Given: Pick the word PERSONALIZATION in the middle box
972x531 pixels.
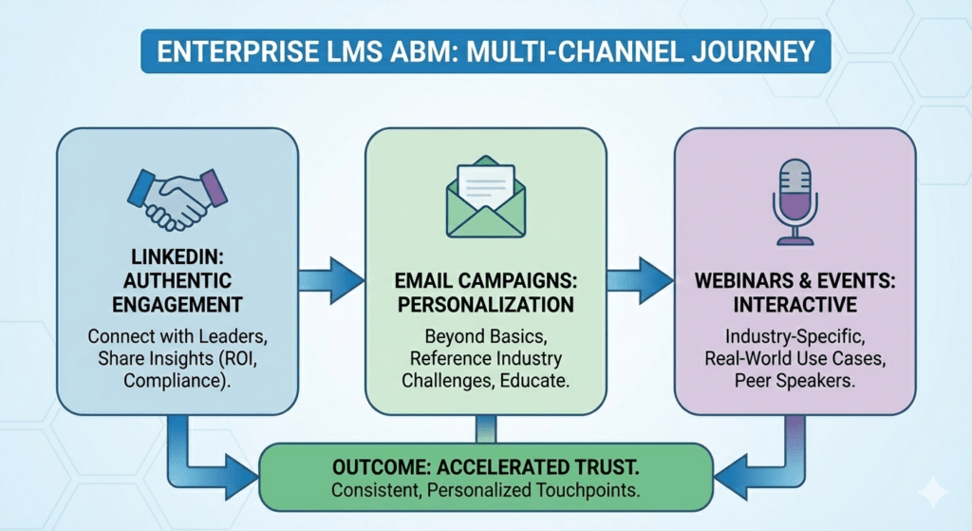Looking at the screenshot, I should point(485,305).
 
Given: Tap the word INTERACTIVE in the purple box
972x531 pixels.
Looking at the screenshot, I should point(794,305).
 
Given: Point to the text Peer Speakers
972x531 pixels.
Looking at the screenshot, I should point(794,379).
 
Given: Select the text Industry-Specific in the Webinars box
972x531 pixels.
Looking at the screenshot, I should point(794,336).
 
